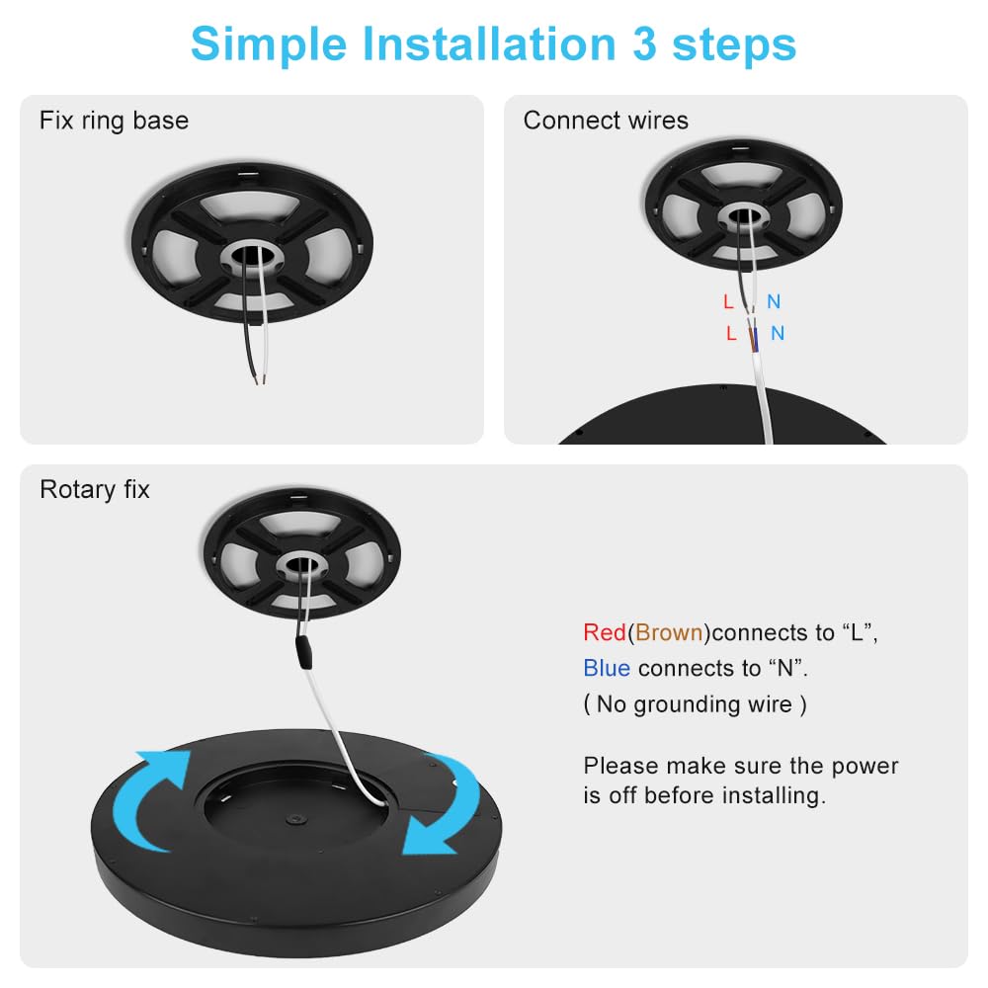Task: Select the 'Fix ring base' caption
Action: pos(114,121)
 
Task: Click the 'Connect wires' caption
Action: pos(606,121)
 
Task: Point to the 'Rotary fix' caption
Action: pos(95,489)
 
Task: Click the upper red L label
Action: pos(728,301)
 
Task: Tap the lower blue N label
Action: pos(778,333)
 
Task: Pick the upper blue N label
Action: pos(774,301)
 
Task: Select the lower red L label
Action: pos(731,333)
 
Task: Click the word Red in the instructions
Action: pos(605,632)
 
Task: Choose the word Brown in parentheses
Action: pos(669,632)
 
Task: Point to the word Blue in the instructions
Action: pos(607,668)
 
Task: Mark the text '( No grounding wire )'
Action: pos(696,703)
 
